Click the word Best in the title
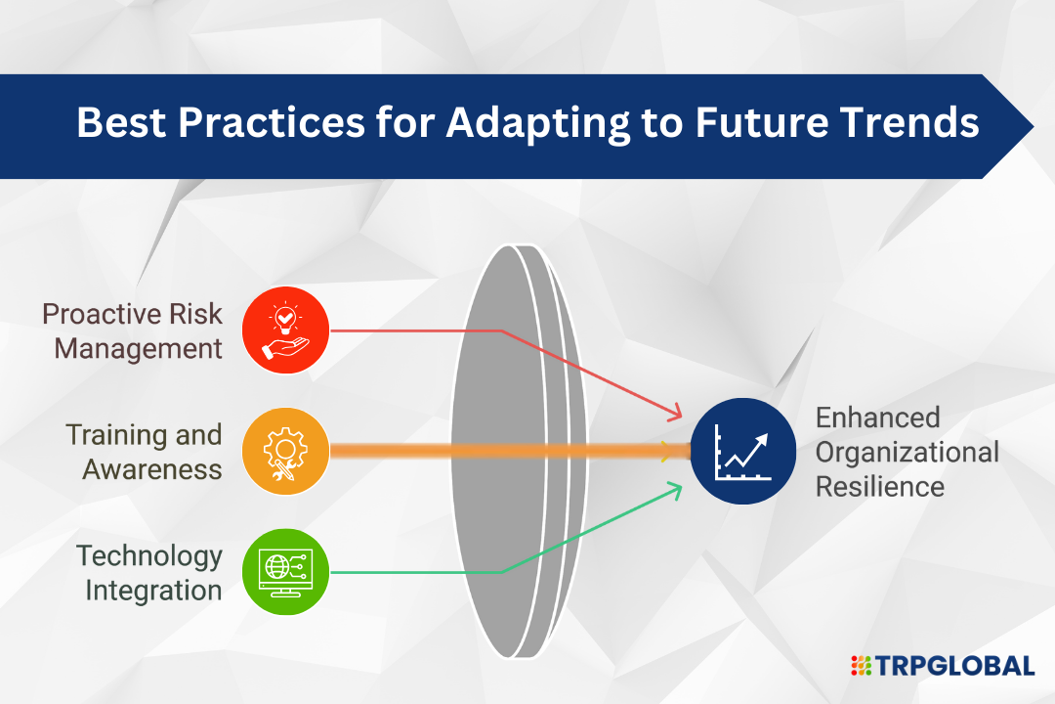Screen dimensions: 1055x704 [121, 122]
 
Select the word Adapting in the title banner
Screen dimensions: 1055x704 [537, 124]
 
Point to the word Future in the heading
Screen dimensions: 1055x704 [761, 122]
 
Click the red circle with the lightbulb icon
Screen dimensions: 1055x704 [285, 330]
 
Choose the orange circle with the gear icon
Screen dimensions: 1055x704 [285, 452]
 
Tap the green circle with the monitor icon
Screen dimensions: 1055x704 [285, 572]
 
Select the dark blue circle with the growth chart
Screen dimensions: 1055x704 [742, 452]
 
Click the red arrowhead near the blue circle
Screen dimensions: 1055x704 [674, 412]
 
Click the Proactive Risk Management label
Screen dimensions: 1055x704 [132, 331]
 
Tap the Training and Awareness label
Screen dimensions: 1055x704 [144, 452]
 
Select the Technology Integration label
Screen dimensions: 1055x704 [148, 573]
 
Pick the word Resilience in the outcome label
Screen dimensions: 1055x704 [880, 486]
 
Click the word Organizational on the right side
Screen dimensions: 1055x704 [907, 453]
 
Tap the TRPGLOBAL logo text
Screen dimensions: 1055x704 [954, 666]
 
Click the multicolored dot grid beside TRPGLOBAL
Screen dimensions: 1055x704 [861, 666]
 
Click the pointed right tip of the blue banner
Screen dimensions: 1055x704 [1033, 127]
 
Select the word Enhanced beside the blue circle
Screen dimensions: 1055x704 [877, 418]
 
